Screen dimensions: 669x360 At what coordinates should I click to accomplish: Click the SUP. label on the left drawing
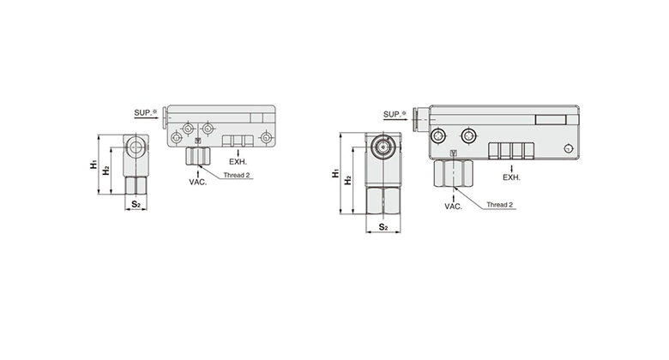(x=143, y=112)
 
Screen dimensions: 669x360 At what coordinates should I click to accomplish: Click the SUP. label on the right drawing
(x=392, y=114)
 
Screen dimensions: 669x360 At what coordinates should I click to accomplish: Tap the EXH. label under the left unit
(x=238, y=162)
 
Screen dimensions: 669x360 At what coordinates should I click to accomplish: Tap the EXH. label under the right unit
(x=511, y=177)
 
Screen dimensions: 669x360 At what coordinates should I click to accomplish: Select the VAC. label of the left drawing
(x=198, y=182)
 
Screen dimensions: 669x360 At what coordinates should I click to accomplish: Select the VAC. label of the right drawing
(x=454, y=207)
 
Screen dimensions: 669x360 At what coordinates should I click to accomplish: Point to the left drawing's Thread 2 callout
(x=237, y=176)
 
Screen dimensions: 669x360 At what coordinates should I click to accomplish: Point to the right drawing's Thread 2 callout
(x=500, y=205)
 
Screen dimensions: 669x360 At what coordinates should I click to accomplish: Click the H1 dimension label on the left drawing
(x=93, y=165)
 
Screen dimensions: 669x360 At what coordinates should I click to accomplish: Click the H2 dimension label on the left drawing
(x=105, y=171)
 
